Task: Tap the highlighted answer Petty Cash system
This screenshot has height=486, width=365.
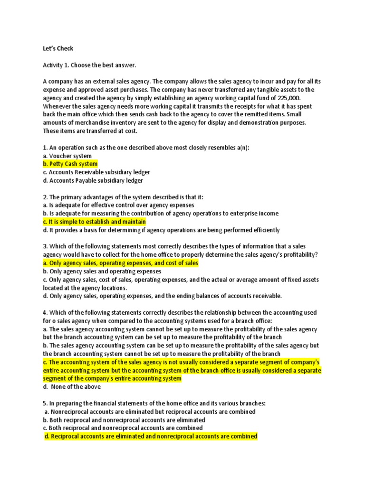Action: pyautogui.click(x=70, y=164)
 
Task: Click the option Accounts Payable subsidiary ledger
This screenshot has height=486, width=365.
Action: pyautogui.click(x=93, y=180)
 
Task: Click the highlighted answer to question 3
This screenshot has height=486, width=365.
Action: pyautogui.click(x=120, y=263)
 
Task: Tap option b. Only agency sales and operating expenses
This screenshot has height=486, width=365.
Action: pyautogui.click(x=102, y=271)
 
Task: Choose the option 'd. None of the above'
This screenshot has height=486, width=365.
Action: pyautogui.click(x=72, y=386)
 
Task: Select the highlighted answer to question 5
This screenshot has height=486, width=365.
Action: pyautogui.click(x=151, y=436)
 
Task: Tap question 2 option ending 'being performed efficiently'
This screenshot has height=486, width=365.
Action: pyautogui.click(x=161, y=230)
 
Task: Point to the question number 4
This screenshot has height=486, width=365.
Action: pyautogui.click(x=45, y=312)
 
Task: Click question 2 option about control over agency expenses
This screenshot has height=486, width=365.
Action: pyautogui.click(x=118, y=205)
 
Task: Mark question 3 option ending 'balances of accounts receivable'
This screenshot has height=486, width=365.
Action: pyautogui.click(x=162, y=296)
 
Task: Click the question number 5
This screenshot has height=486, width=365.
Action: pyautogui.click(x=45, y=403)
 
